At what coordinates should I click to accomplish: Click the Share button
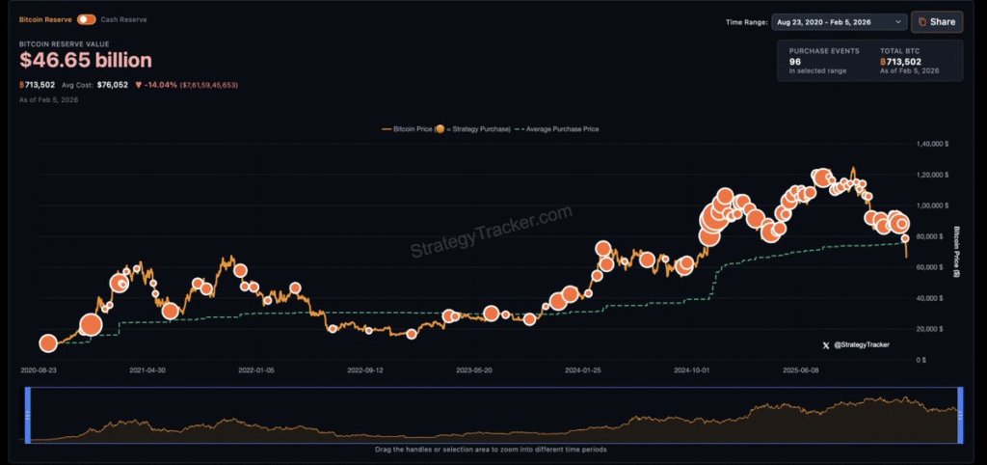click(x=936, y=21)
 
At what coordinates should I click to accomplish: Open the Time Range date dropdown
click(x=839, y=21)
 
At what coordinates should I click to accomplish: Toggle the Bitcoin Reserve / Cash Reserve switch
click(x=87, y=19)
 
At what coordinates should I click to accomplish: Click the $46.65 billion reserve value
click(x=86, y=60)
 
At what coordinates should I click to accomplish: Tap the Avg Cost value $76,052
click(x=112, y=85)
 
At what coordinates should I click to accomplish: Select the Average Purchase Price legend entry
click(x=559, y=128)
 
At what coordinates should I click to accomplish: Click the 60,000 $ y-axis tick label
click(x=933, y=267)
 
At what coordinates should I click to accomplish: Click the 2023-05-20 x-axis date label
click(x=473, y=369)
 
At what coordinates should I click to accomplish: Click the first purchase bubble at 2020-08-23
click(x=48, y=342)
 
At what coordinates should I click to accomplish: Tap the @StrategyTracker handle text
click(x=861, y=344)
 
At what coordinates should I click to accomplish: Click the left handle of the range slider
click(x=29, y=414)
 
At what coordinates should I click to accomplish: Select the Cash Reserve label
click(x=124, y=19)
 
